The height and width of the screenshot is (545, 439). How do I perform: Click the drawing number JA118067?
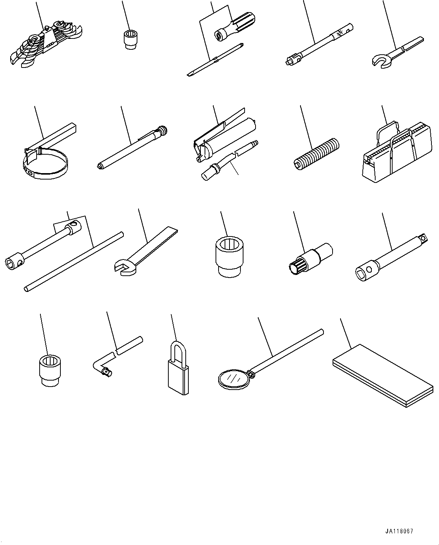click(x=399, y=531)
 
